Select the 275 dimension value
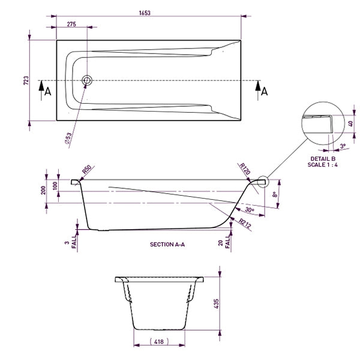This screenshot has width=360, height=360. click(71, 24)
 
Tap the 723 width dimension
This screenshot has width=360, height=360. click(26, 80)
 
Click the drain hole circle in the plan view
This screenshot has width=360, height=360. click(87, 80)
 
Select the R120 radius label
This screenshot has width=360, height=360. click(244, 168)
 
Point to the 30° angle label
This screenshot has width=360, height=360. click(250, 210)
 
